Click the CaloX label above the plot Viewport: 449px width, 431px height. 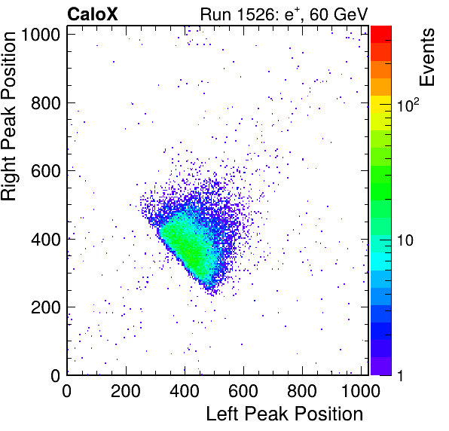(x=93, y=14)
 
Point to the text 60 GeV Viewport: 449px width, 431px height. (x=338, y=14)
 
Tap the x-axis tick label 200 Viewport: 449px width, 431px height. (x=126, y=391)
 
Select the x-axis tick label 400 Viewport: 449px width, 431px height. (x=185, y=391)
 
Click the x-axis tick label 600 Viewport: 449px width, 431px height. (x=243, y=391)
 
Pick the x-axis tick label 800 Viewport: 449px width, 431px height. (x=302, y=391)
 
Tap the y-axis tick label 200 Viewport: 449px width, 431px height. (x=46, y=307)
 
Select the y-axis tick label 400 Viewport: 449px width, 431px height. (x=46, y=240)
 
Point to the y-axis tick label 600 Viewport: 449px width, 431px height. (x=46, y=171)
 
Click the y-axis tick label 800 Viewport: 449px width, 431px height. (x=46, y=103)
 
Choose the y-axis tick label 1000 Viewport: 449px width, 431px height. (x=41, y=35)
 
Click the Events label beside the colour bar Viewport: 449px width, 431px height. (x=426, y=57)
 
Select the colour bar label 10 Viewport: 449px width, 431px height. (x=405, y=240)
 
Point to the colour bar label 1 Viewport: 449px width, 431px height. (x=401, y=376)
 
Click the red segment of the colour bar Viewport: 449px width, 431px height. (x=381, y=35)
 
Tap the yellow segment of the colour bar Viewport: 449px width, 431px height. (x=381, y=104)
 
